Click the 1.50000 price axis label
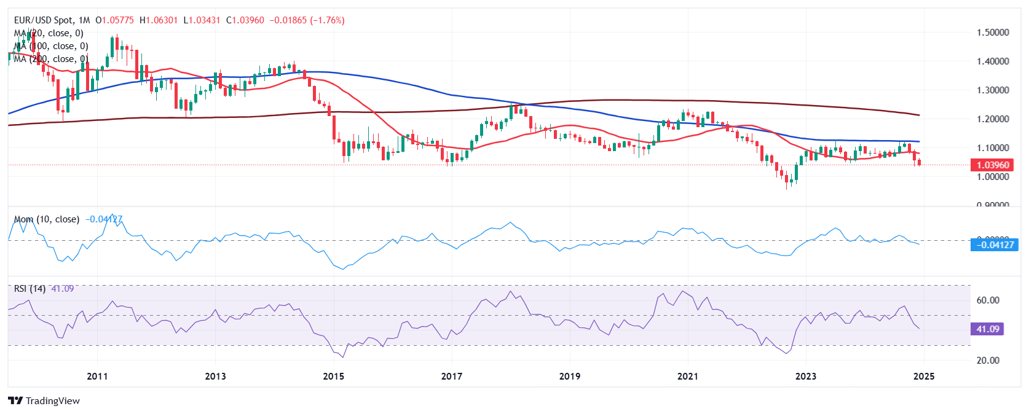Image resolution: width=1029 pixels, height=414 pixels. pos(993,32)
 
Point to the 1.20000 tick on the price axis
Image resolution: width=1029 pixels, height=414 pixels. pos(993,119)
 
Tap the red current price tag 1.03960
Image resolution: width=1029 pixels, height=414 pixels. pos(993,165)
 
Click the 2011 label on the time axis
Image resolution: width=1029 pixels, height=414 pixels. pos(97,376)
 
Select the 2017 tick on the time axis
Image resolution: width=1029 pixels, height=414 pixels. pos(451,376)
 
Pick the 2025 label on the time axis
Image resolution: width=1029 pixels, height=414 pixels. pos(924,376)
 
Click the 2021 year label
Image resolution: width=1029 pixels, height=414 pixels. pos(687,376)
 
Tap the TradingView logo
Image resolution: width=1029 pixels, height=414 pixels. pos(44,400)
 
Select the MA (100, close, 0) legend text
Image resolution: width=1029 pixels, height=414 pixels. pos(52,46)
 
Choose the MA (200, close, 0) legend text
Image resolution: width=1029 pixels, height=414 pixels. pos(52,59)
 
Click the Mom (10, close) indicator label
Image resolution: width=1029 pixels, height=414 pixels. pos(47,219)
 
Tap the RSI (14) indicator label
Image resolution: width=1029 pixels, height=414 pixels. pos(30,289)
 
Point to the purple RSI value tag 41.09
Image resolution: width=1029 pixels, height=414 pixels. pos(988,329)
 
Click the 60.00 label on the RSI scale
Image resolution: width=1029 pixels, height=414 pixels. pos(988,300)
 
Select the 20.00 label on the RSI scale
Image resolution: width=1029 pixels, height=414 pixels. pos(988,360)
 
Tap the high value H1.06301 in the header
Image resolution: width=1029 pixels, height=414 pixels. pos(159,20)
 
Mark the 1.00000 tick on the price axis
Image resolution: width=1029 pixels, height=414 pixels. pos(993,176)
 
